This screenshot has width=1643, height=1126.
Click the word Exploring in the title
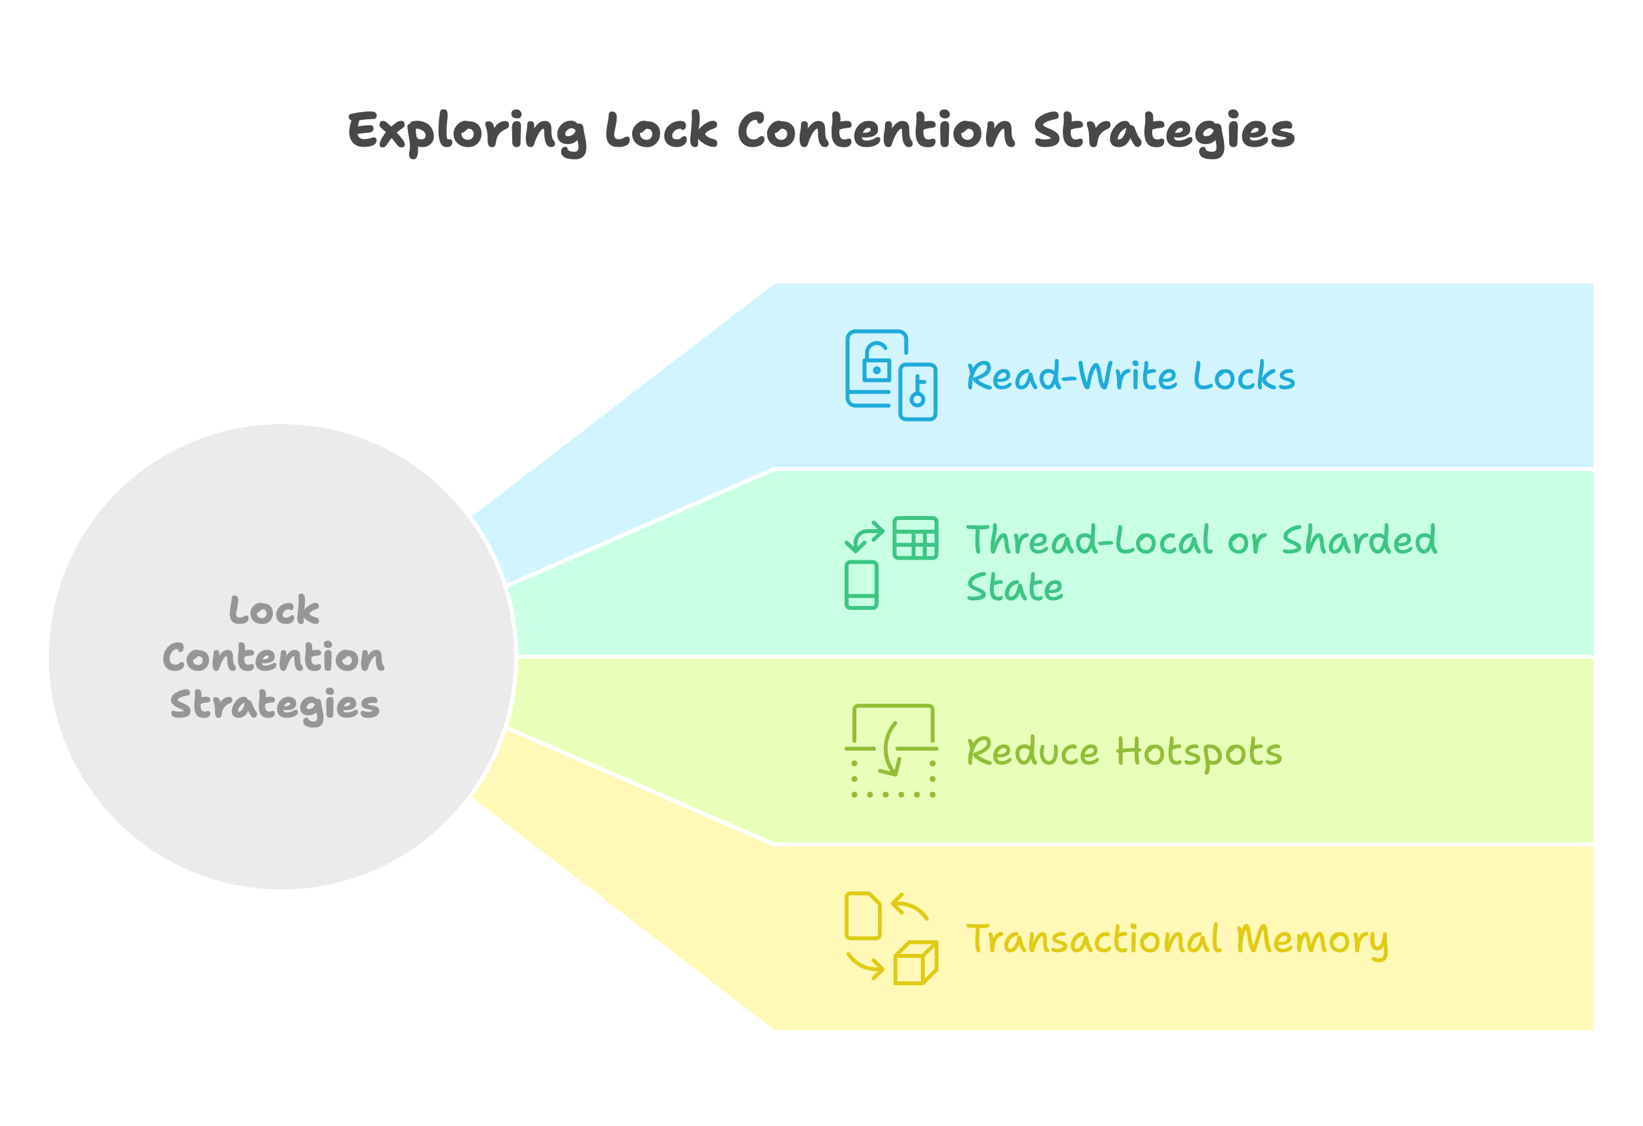[x=467, y=132]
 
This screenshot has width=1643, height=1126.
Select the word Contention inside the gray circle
[x=274, y=657]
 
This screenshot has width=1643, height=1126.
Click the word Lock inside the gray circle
[x=274, y=610]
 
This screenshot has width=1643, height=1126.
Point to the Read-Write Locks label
[x=1129, y=376]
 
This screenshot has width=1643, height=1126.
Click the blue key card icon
[x=918, y=392]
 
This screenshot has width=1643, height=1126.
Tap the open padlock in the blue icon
[x=876, y=362]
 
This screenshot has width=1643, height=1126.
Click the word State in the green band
[x=1014, y=587]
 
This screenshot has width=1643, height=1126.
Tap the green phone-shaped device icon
[x=861, y=585]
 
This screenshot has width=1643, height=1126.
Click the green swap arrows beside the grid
[x=865, y=537]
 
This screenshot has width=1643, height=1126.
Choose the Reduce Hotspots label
[x=1124, y=751]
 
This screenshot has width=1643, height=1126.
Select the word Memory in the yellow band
[x=1311, y=940]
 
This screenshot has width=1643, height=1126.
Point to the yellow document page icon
[x=862, y=916]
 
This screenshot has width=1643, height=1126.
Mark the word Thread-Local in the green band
[x=1090, y=540]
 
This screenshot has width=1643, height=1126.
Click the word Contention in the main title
[x=876, y=132]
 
